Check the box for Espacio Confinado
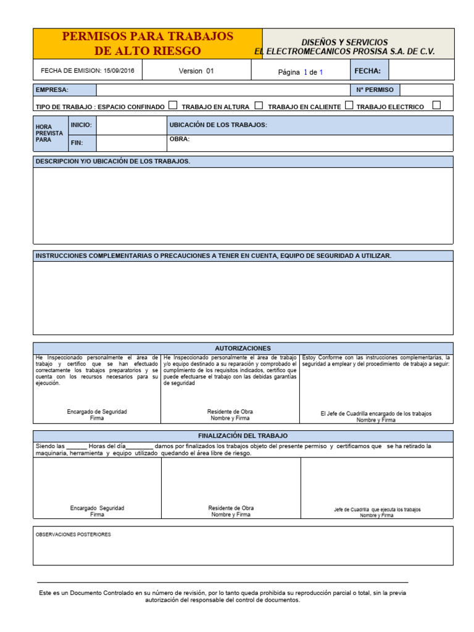tap(173, 106)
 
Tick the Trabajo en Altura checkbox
tap(259, 106)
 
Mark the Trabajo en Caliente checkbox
tap(349, 106)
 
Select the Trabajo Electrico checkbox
tap(436, 105)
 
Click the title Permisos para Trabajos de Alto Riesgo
tap(148, 43)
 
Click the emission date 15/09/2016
tap(119, 70)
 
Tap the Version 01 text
tap(196, 71)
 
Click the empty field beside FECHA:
tap(421, 71)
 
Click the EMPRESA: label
tap(52, 90)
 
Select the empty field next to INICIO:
tap(130, 125)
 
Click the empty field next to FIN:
tap(130, 143)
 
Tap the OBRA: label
tap(180, 139)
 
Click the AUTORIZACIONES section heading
tap(243, 348)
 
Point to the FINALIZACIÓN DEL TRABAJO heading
tap(243, 436)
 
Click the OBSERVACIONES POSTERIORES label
tap(73, 534)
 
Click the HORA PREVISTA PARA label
tap(48, 133)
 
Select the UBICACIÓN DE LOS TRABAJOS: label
tap(218, 125)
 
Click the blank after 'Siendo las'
tap(77, 446)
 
